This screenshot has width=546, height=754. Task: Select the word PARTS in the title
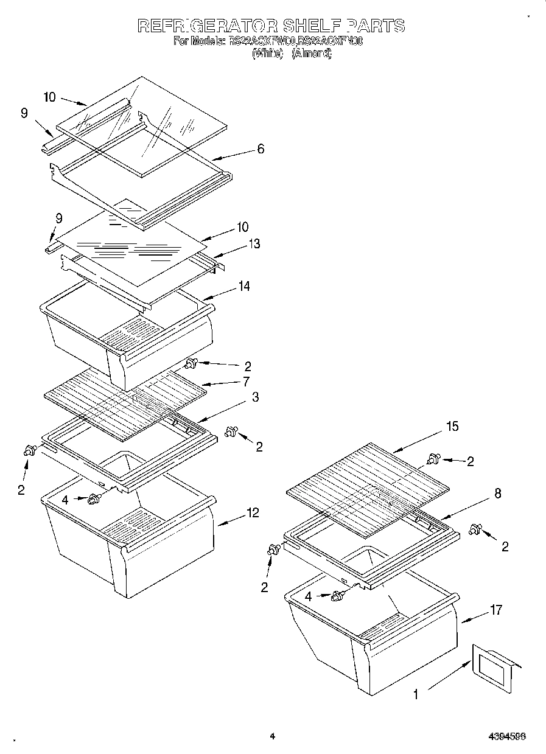[376, 26]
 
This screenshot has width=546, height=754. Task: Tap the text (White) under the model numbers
[268, 53]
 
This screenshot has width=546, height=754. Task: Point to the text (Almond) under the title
[312, 53]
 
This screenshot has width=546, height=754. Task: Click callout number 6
[261, 148]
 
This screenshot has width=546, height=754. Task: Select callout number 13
[254, 243]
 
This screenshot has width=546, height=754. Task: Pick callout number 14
[245, 285]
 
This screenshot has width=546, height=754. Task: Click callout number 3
[256, 397]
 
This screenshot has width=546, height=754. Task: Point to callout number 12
[252, 513]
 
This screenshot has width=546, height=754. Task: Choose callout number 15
[452, 427]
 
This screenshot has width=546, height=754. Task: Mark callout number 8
[498, 494]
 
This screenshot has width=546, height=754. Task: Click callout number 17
[496, 609]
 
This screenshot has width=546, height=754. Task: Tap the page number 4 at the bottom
[273, 736]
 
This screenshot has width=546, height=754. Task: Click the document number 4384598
[507, 736]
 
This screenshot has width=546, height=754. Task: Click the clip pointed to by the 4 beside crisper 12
[94, 499]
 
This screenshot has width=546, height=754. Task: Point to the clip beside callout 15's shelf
[433, 459]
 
